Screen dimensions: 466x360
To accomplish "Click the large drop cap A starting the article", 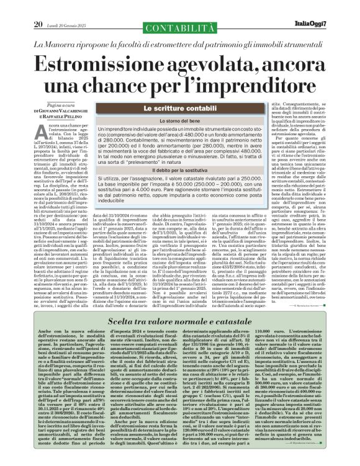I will coord(40,129).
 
